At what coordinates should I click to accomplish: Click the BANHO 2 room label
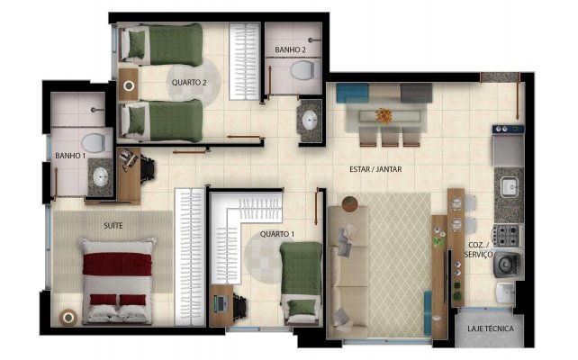pos(290,49)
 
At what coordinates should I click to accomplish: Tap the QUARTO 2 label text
pos(189,83)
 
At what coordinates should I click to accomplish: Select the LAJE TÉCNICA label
pos(491,328)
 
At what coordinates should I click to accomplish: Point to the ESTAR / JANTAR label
pos(375,169)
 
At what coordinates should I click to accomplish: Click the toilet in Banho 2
pos(305,70)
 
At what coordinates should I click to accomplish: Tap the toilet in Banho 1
pos(94,143)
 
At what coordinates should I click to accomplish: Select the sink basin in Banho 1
pos(100,177)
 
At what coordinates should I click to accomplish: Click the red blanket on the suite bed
pos(117,264)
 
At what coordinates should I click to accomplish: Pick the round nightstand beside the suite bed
pos(68,318)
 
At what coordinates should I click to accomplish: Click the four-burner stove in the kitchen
pos(506,236)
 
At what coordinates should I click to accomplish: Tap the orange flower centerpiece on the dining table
pos(384,116)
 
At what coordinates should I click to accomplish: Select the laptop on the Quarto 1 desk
pos(221,303)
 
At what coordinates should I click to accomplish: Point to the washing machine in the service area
pos(507,265)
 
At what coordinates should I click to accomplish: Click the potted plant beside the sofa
pos(349,203)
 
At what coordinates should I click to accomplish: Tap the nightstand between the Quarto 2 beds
pos(128,85)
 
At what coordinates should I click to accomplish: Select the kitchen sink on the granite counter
pos(510,186)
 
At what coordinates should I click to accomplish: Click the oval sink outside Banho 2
pos(309,120)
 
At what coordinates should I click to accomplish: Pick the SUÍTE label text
pos(113,226)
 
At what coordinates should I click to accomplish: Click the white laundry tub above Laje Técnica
pos(505,292)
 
